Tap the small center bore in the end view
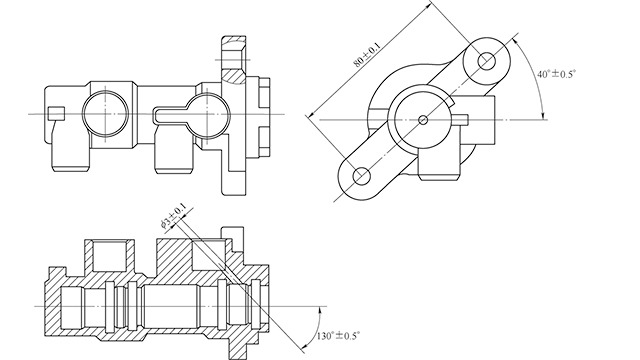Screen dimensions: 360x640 click(x=424, y=120)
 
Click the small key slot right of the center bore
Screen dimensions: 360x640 click(x=461, y=120)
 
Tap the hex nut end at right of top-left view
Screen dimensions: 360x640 click(x=262, y=112)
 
